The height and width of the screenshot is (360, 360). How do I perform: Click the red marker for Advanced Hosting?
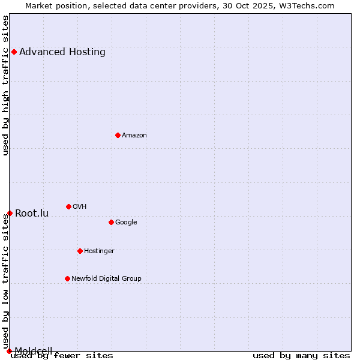click(14, 52)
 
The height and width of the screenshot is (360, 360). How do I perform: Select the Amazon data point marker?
click(118, 135)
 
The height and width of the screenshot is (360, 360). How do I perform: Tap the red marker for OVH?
click(68, 206)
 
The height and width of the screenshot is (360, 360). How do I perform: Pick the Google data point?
click(111, 222)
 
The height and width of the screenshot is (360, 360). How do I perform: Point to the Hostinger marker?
click(80, 251)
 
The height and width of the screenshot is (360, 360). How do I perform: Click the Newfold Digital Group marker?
click(67, 278)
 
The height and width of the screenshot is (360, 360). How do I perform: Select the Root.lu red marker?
click(10, 213)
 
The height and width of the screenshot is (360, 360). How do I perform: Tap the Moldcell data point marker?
click(9, 351)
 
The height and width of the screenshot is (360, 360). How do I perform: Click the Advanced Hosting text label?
click(62, 52)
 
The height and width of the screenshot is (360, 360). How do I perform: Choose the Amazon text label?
click(134, 135)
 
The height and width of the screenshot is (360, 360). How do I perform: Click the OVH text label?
click(80, 206)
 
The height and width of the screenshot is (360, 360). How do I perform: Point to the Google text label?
click(126, 222)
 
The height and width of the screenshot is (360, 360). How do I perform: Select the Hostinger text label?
click(99, 251)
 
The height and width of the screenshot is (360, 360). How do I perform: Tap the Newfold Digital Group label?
click(106, 278)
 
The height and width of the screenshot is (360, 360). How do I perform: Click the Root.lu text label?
click(32, 213)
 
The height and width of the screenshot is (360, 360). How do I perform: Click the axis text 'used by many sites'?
click(301, 355)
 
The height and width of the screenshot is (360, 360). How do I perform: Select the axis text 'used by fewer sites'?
click(62, 355)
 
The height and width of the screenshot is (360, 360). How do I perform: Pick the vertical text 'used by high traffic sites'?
click(6, 85)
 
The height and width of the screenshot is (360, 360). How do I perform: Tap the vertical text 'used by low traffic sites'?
click(6, 282)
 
